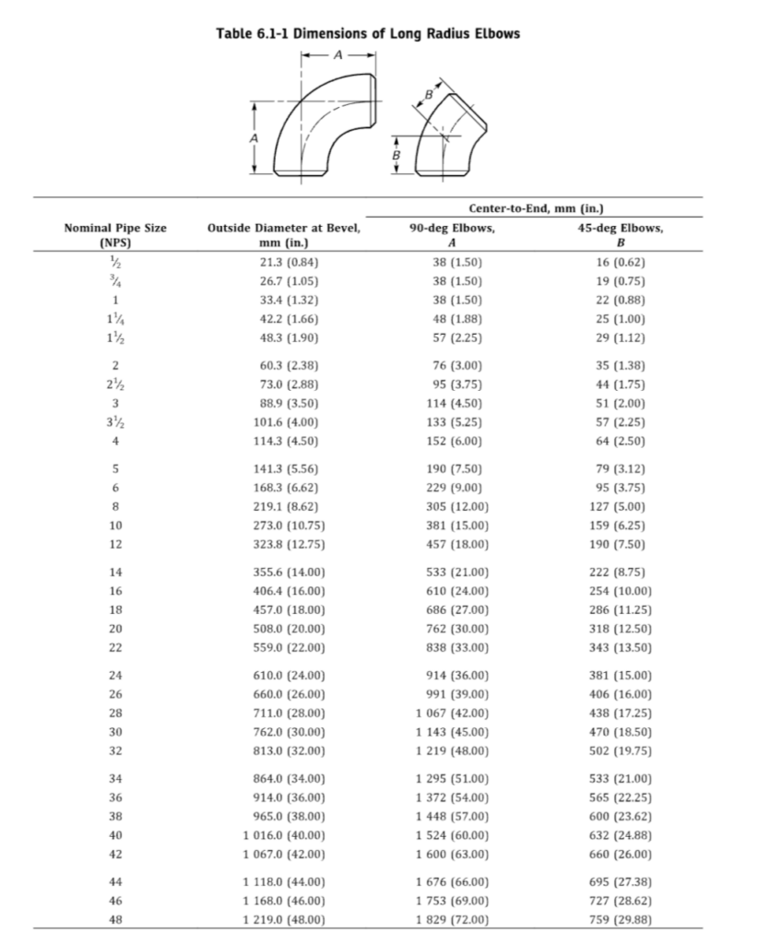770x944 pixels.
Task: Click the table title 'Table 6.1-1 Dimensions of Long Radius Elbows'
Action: point(368,34)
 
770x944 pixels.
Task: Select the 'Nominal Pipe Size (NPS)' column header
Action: point(115,235)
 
